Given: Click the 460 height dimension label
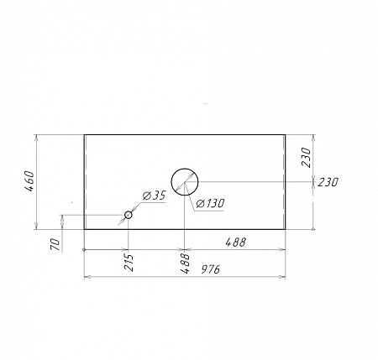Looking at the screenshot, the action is click(x=29, y=181).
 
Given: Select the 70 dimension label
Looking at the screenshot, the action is click(x=55, y=245).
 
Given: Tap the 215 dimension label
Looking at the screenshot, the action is click(x=129, y=263).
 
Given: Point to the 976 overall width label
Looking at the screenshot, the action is click(x=211, y=269).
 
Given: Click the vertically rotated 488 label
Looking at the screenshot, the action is click(x=185, y=263).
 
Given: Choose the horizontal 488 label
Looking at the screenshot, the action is click(x=235, y=242).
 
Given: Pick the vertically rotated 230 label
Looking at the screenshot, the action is click(x=307, y=158).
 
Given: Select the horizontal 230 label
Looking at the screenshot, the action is click(x=328, y=182).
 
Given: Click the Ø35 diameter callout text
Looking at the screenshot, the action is click(x=155, y=196).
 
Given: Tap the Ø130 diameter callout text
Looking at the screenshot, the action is click(x=210, y=203).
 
